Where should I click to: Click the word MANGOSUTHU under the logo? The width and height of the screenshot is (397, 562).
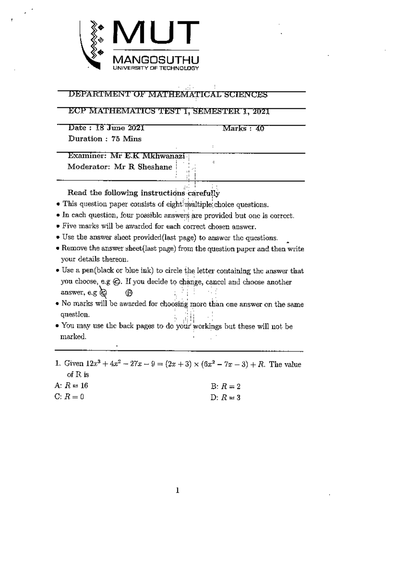156,60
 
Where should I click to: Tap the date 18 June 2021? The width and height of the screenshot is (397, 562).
119,128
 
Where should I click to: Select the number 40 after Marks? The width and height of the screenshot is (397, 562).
260,128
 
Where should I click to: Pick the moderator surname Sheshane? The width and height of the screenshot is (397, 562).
155,167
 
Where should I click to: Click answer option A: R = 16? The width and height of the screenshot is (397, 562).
71,386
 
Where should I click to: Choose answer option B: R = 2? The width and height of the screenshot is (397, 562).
226,386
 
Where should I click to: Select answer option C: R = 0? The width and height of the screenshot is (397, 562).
69,397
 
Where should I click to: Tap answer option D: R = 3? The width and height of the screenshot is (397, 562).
226,398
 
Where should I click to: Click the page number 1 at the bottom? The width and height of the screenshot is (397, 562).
178,491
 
